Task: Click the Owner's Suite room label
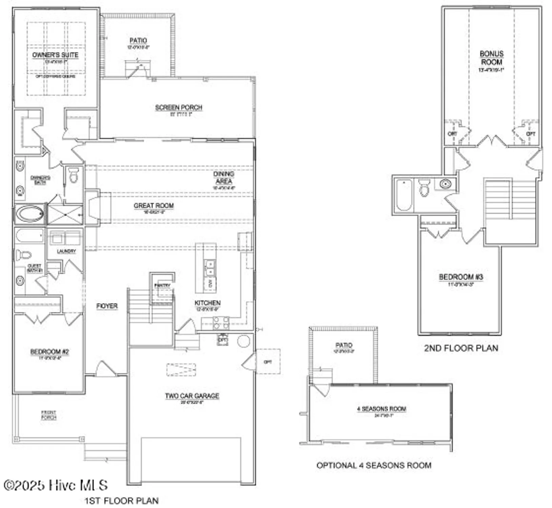click(x=55, y=55)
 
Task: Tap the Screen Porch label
click(x=179, y=107)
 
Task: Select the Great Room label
click(x=154, y=206)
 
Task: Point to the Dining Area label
click(x=224, y=177)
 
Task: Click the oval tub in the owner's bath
click(x=30, y=214)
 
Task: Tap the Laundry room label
click(x=66, y=251)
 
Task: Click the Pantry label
click(x=162, y=285)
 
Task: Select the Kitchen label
click(x=207, y=303)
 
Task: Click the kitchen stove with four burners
click(x=221, y=323)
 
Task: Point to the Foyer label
click(x=107, y=306)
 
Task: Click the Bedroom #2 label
click(x=49, y=352)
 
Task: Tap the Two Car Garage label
click(x=192, y=396)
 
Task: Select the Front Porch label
click(x=49, y=415)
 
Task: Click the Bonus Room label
click(x=491, y=58)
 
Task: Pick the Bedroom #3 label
click(x=461, y=277)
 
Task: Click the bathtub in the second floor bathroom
click(x=404, y=195)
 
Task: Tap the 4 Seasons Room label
click(x=381, y=409)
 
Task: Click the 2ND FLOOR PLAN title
click(x=461, y=348)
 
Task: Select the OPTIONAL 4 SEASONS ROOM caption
click(x=374, y=465)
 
